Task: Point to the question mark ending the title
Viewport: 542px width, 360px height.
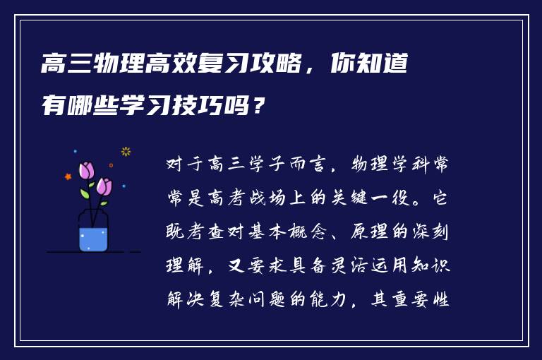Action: click(260, 106)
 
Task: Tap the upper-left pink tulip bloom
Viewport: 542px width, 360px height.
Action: click(86, 170)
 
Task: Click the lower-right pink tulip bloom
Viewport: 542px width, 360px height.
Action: click(104, 186)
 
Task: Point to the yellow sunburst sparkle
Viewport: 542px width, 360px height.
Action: click(126, 151)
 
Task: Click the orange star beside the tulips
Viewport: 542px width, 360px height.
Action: click(68, 176)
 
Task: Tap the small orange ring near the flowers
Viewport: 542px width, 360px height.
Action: click(111, 165)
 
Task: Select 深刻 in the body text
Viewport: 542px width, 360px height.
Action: click(428, 232)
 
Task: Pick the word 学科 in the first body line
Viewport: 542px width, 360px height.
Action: click(406, 165)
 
